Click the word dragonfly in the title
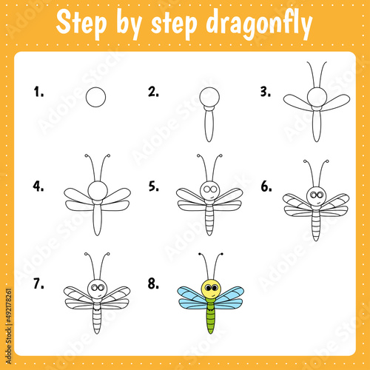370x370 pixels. (x=259, y=24)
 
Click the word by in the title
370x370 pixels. (x=129, y=24)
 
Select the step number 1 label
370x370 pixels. (x=38, y=92)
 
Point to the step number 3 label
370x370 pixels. (x=266, y=92)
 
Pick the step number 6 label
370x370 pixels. (x=266, y=186)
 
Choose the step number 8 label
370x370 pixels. (x=153, y=283)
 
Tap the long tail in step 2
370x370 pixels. (x=209, y=126)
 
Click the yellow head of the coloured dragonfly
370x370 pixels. (x=211, y=289)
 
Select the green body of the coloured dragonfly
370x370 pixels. (x=210, y=315)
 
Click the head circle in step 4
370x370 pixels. (x=98, y=191)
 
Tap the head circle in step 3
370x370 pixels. (x=317, y=97)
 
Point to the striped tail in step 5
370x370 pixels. (x=209, y=220)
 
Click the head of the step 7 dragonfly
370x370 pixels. (x=98, y=289)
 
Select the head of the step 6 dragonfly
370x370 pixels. (x=317, y=196)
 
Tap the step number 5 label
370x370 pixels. (x=154, y=186)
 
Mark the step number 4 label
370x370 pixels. (x=38, y=186)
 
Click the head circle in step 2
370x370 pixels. (x=209, y=97)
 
